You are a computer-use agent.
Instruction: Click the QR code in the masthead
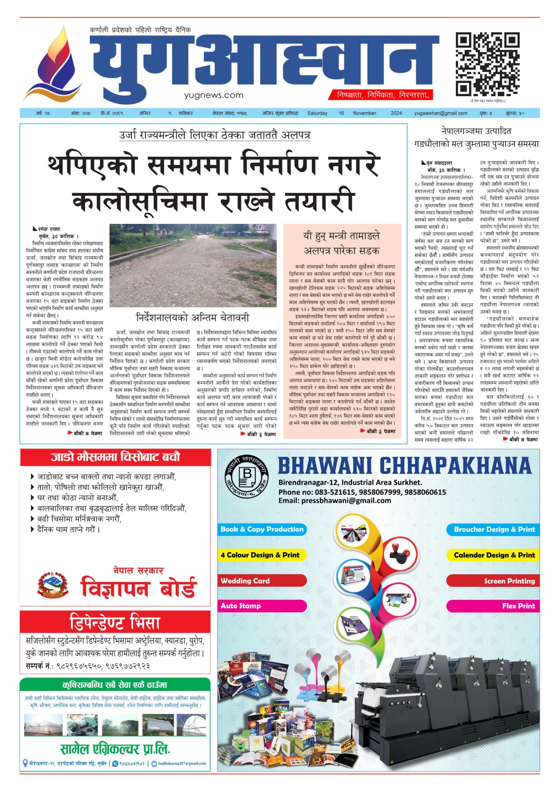[x=487, y=65]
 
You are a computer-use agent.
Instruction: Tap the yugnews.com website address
[x=213, y=95]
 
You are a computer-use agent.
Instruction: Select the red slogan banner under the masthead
[x=380, y=95]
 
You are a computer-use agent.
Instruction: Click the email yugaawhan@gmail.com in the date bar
[x=441, y=113]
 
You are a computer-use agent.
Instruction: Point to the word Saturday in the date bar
[x=317, y=113]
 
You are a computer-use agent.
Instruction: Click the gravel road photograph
[x=193, y=265]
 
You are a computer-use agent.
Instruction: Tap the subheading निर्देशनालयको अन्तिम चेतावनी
[x=193, y=318]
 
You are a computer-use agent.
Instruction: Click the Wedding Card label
[x=245, y=581]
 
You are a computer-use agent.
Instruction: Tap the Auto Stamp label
[x=240, y=606]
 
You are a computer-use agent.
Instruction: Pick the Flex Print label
[x=518, y=606]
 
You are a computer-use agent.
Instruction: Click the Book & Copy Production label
[x=262, y=529]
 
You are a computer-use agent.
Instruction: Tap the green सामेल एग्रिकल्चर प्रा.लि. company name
[x=115, y=749]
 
